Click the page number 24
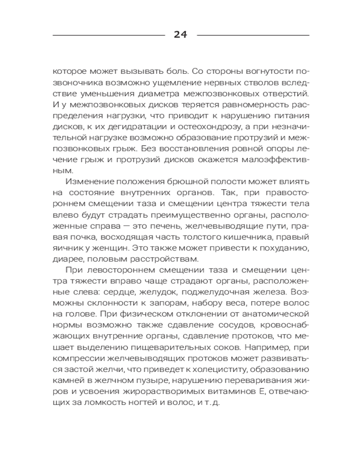[x=181, y=35]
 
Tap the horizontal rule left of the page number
[x=109, y=35]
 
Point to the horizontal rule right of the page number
[x=253, y=35]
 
